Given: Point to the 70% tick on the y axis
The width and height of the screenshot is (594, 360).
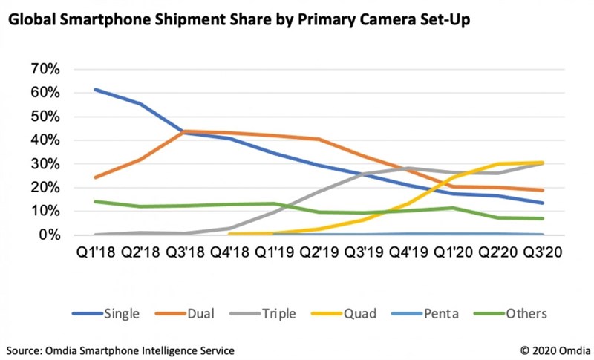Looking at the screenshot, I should pyautogui.click(x=45, y=69).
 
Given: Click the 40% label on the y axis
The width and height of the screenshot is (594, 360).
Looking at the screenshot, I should pyautogui.click(x=45, y=140).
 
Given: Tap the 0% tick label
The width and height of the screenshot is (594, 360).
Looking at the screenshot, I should pyautogui.click(x=50, y=235).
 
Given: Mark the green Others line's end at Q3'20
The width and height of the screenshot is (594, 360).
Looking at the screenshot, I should pyautogui.click(x=544, y=218).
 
